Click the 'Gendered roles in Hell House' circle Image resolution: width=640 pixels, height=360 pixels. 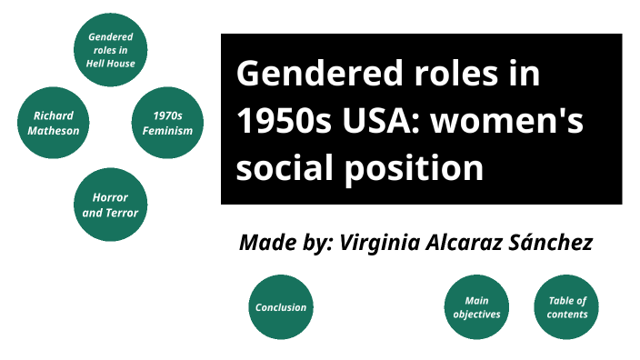pyautogui.click(x=111, y=51)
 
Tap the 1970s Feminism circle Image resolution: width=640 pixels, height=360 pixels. pyautogui.click(x=167, y=123)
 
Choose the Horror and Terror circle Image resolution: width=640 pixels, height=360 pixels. pyautogui.click(x=110, y=205)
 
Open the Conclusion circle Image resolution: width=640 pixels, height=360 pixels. pyautogui.click(x=280, y=307)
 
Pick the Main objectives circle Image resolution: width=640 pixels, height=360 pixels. pyautogui.click(x=476, y=307)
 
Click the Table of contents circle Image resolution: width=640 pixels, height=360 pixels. pyautogui.click(x=566, y=307)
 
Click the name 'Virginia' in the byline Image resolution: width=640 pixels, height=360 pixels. pyautogui.click(x=378, y=243)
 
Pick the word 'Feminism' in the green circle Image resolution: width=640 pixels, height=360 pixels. pyautogui.click(x=167, y=130)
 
